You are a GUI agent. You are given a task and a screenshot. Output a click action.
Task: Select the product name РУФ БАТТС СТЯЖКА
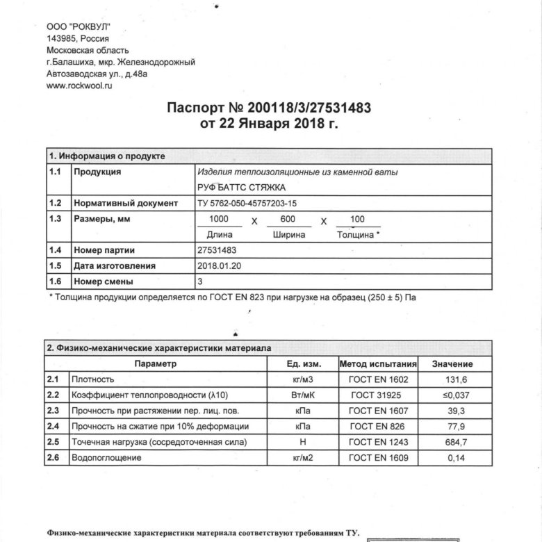242,188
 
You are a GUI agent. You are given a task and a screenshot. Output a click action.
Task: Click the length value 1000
220,220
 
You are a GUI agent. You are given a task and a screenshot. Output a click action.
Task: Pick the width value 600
288,220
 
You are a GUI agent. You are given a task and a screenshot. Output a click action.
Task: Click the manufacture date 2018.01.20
220,266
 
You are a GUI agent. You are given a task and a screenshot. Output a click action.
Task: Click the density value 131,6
452,380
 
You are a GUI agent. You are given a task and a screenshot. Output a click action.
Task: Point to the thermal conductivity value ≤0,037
452,395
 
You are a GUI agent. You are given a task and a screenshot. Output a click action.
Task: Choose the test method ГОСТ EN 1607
378,411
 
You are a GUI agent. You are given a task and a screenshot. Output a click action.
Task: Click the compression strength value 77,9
452,427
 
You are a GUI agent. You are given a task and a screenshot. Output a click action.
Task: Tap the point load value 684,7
452,442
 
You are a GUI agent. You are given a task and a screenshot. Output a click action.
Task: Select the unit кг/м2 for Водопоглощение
304,458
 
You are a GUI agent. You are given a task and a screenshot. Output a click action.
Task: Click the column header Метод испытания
378,364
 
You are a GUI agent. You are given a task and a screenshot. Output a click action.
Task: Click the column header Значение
452,364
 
